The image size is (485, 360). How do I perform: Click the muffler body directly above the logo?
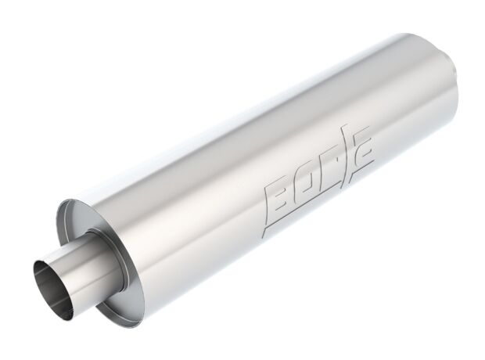click(x=297, y=133)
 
